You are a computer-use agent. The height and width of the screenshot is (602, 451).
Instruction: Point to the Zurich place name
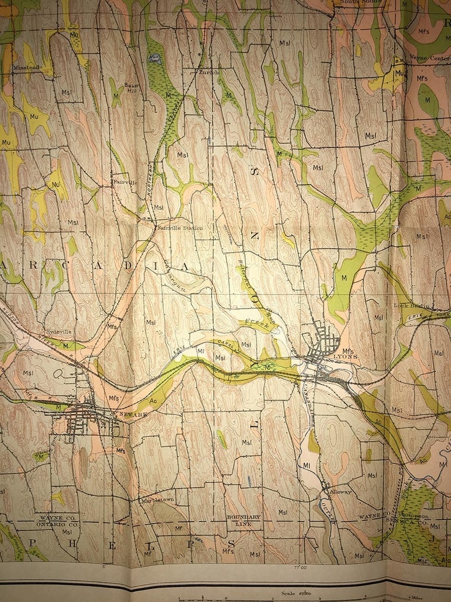click(x=209, y=72)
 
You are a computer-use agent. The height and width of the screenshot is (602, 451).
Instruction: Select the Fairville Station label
click(x=180, y=228)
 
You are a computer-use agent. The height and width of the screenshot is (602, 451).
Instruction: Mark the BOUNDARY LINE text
click(x=244, y=520)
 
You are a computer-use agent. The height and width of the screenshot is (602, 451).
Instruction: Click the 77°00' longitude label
click(x=300, y=568)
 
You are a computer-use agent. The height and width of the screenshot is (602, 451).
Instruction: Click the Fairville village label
click(x=125, y=181)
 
